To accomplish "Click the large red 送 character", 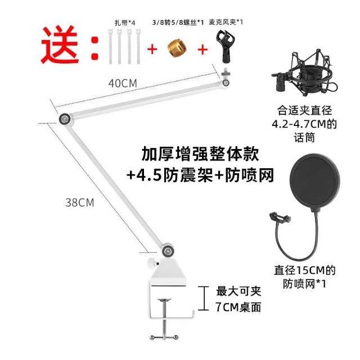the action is tap(60, 45).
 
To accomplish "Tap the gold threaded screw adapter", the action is tap(177, 48).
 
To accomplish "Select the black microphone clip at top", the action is tap(224, 47).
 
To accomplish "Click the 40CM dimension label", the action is tap(123, 83).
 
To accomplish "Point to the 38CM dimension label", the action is tap(80, 202).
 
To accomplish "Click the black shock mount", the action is tap(304, 74).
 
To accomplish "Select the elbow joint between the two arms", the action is tap(65, 119).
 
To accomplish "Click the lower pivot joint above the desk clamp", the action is tap(168, 251).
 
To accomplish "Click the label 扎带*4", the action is tap(125, 22).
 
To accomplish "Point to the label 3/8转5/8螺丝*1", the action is tap(178, 22).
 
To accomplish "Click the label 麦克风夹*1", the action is tap(226, 22).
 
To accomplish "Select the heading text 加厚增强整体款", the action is tap(200, 154).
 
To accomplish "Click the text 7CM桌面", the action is tap(238, 307).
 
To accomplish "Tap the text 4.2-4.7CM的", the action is tap(304, 124).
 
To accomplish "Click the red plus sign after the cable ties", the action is tap(152, 49).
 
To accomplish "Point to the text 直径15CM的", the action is tap(305, 270).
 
